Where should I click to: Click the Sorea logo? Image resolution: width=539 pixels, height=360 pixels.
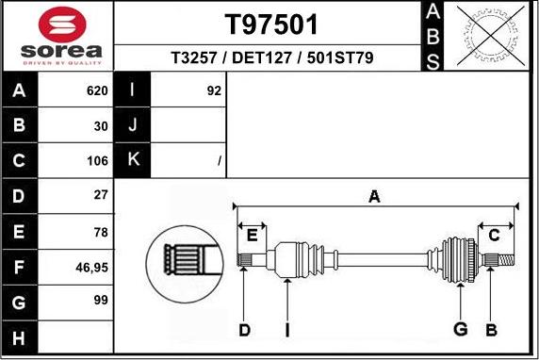[x=57, y=37]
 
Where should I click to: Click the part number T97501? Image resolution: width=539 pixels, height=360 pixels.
[x=271, y=23]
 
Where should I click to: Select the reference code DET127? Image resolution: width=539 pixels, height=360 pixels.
[x=271, y=58]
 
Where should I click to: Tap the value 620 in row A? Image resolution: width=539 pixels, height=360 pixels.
[x=97, y=91]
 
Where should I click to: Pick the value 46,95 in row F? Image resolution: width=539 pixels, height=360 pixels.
[x=91, y=267]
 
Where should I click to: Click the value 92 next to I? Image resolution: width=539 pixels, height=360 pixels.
[x=213, y=91]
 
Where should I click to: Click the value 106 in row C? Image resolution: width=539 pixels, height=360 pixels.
[x=97, y=161]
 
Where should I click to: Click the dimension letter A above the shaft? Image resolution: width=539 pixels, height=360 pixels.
[x=374, y=197]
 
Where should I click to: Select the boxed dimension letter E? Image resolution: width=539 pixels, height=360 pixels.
[x=252, y=235]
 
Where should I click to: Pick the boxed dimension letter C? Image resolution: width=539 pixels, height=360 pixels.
[x=494, y=236]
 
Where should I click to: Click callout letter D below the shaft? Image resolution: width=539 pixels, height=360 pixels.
[x=244, y=329]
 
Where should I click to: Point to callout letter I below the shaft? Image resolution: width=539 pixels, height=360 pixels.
[x=286, y=329]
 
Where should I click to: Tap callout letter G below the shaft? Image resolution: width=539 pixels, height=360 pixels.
[x=461, y=329]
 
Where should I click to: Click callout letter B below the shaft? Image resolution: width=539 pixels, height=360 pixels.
[x=491, y=329]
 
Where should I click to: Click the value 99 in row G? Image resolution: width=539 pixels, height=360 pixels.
[x=100, y=302]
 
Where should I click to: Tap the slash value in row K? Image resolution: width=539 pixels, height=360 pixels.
[x=219, y=161]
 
